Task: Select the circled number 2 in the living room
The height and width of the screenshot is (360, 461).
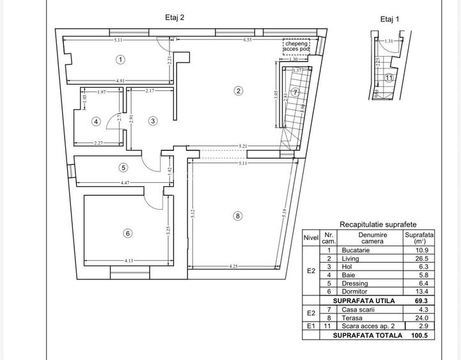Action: (238, 91)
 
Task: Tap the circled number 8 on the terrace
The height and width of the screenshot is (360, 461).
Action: (238, 216)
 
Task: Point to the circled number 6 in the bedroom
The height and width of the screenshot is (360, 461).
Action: (128, 233)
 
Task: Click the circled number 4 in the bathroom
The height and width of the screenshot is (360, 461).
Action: (96, 121)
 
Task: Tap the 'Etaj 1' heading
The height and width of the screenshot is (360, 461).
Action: (389, 19)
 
